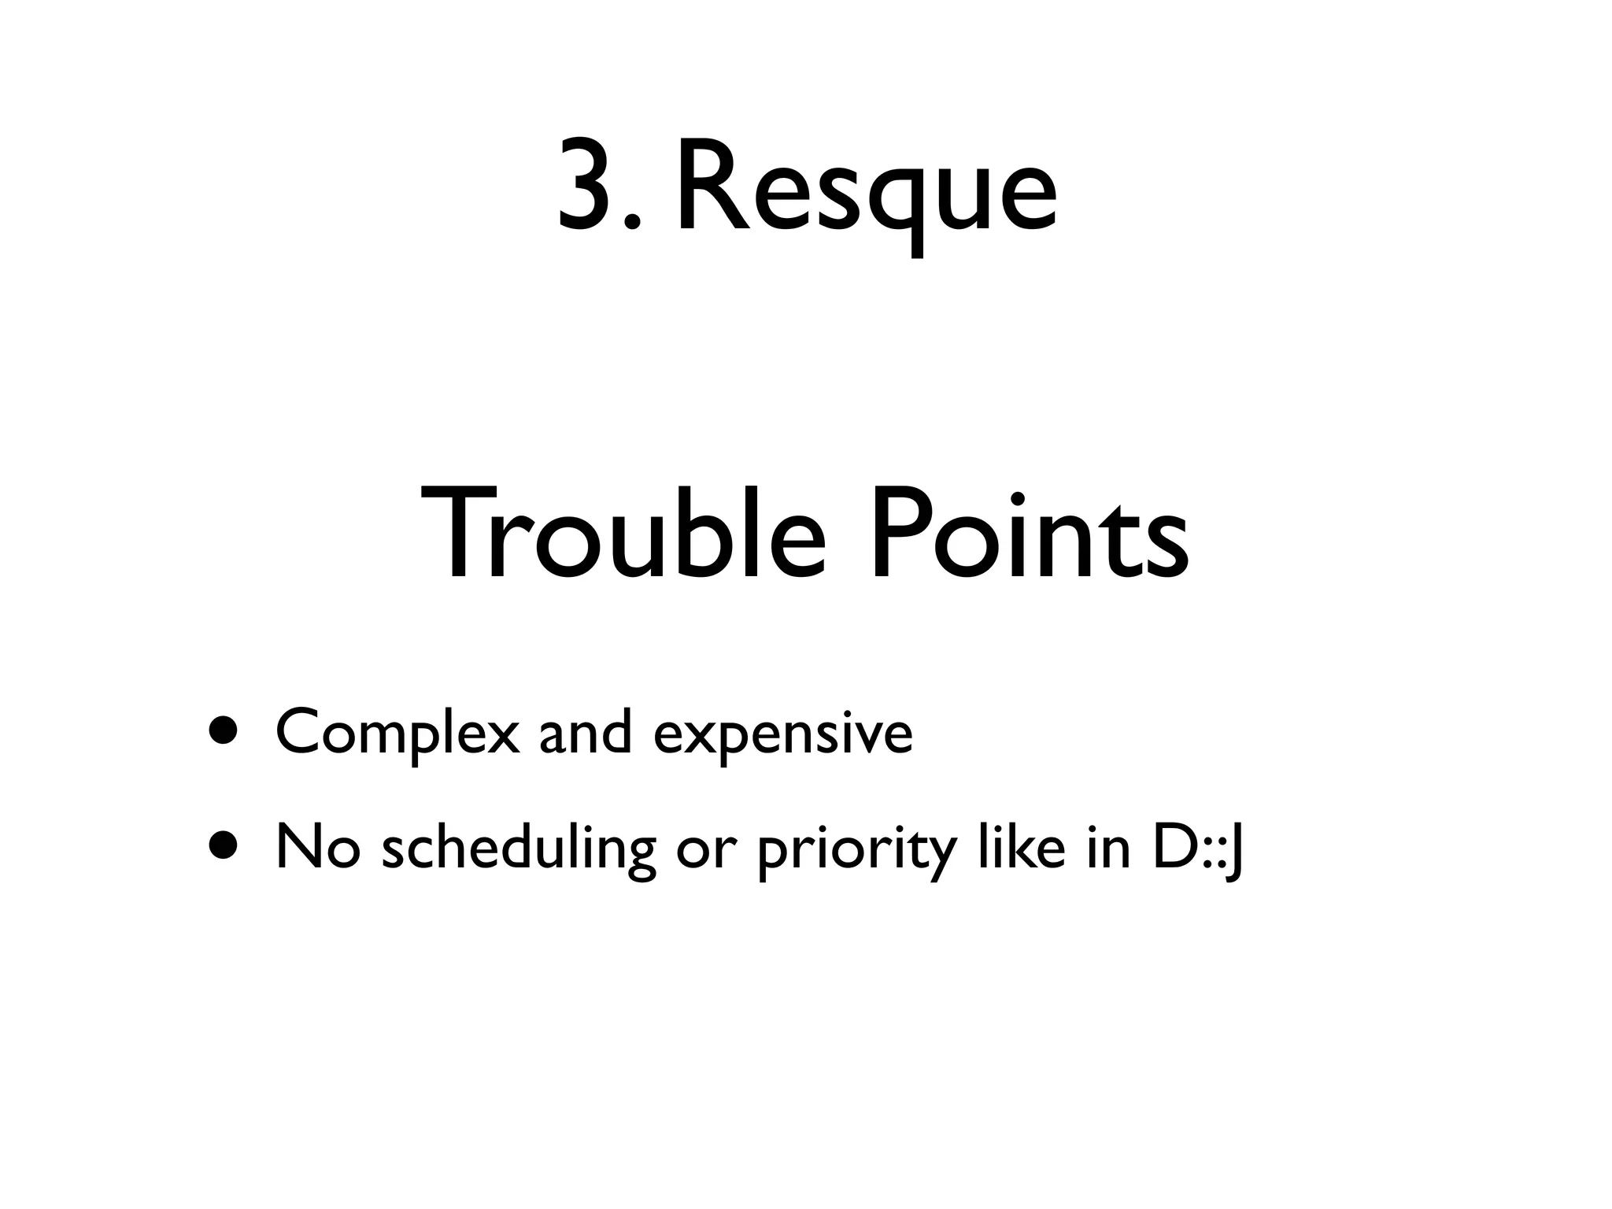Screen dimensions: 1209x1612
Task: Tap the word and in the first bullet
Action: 586,731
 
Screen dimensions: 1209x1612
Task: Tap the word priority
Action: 857,852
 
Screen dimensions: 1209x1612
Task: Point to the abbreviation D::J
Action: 1197,849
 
